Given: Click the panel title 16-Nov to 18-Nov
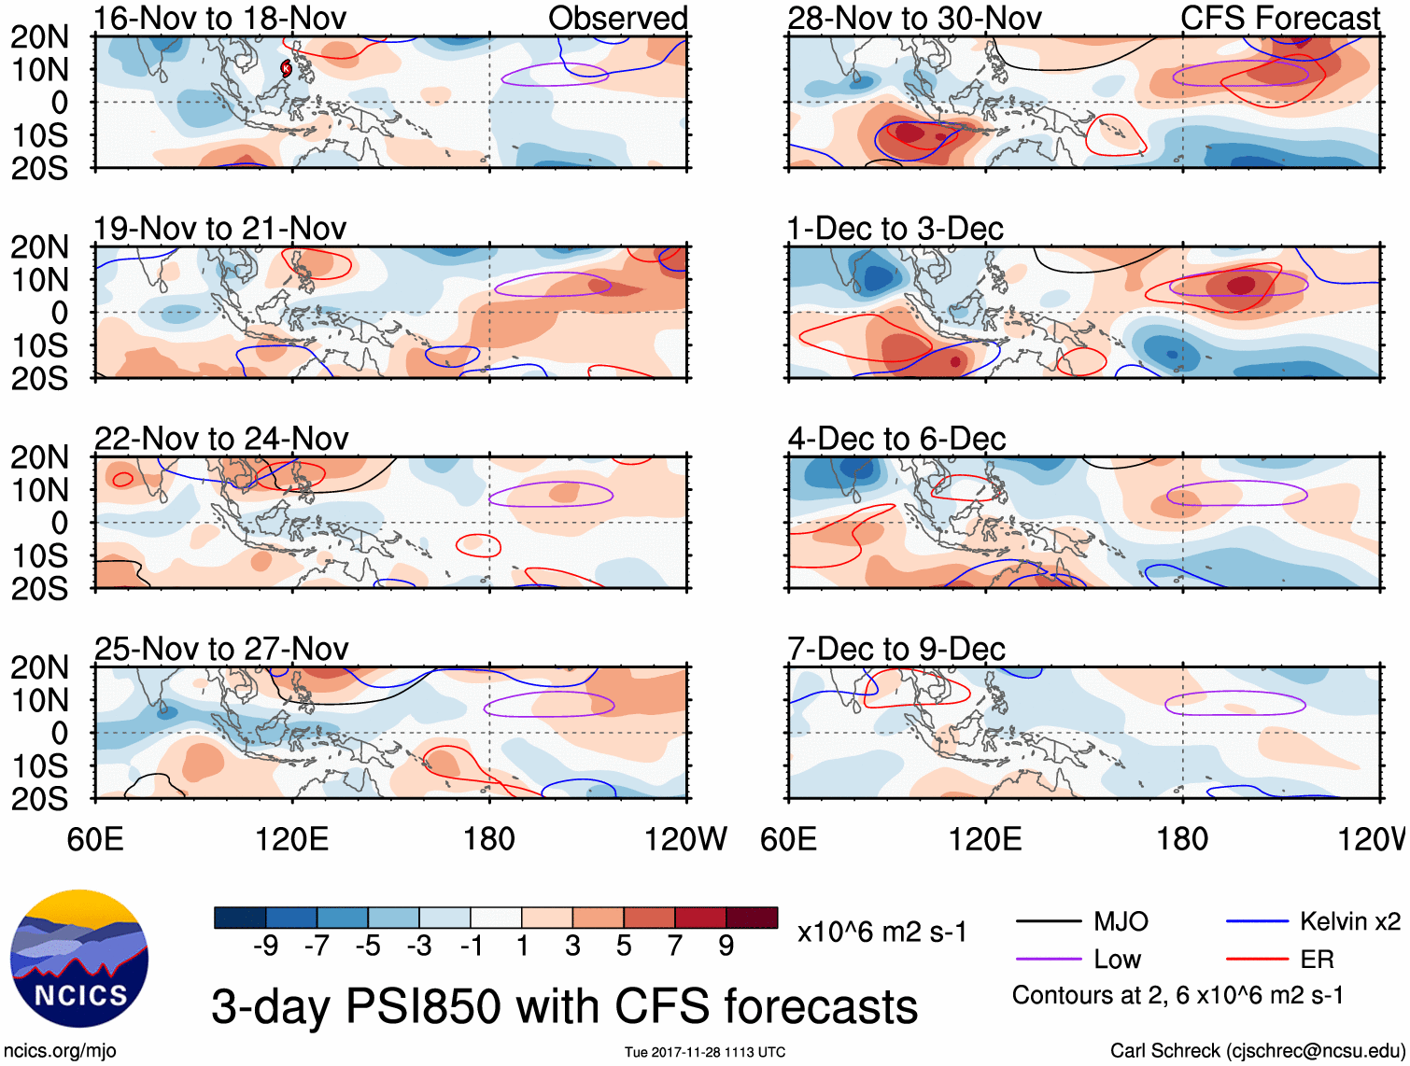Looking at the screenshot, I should [x=220, y=18].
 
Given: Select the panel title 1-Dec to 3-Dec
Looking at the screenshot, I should [x=895, y=229].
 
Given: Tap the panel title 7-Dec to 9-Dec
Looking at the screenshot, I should [x=895, y=649].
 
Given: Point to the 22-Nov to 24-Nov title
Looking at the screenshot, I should [x=221, y=439].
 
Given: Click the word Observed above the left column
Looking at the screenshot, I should [x=617, y=18].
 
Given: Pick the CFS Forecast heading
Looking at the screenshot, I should [x=1279, y=18].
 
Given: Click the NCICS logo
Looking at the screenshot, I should [x=79, y=959].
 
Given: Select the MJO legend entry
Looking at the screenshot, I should [x=1121, y=922].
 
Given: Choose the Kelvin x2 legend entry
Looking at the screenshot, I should [x=1349, y=922].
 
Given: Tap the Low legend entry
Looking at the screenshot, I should [x=1117, y=960].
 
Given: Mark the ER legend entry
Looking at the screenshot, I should [x=1317, y=960].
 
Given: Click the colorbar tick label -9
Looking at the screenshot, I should [x=265, y=947].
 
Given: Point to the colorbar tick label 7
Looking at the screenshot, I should [x=675, y=947].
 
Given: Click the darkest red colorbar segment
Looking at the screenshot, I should [x=752, y=918].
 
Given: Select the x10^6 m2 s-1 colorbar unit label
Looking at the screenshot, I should [x=881, y=933].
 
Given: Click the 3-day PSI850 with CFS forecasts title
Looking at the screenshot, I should [x=564, y=1007].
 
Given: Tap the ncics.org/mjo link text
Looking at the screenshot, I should [x=60, y=1051].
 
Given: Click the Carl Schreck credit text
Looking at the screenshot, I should [x=1257, y=1051].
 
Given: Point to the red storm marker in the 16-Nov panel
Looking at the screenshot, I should [x=287, y=67].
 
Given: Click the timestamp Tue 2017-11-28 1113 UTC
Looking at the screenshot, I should [x=704, y=1053].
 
